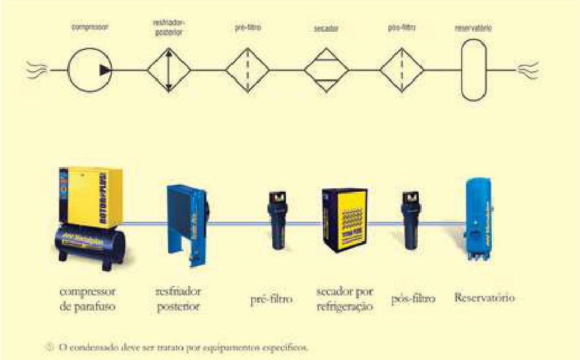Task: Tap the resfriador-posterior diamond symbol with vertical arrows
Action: tap(169, 70)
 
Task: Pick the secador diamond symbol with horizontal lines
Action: tap(325, 70)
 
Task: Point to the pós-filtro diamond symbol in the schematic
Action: tap(402, 70)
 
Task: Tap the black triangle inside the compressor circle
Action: tap(105, 70)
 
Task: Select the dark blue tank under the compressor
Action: tap(89, 243)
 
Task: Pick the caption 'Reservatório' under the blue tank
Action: tap(485, 298)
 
